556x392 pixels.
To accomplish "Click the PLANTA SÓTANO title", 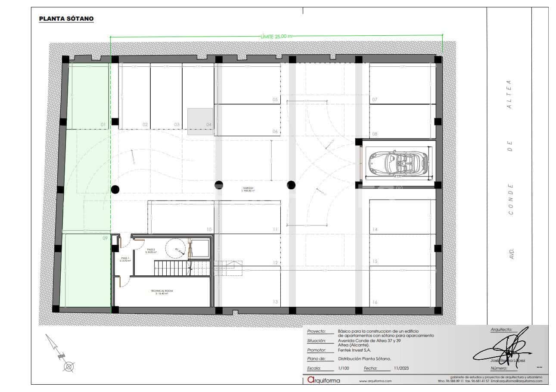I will pyautogui.click(x=66, y=19).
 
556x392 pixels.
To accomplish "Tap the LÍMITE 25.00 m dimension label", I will pyautogui.click(x=276, y=37).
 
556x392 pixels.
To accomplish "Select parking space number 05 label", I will pyautogui.click(x=275, y=99).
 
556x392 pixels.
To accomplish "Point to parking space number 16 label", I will pyautogui.click(x=375, y=302).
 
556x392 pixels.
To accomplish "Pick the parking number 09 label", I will pyautogui.click(x=105, y=238).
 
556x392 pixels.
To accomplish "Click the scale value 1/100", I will pyautogui.click(x=344, y=368).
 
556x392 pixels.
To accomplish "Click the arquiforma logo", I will pyautogui.click(x=323, y=380).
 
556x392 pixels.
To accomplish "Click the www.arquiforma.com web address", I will pyautogui.click(x=375, y=381).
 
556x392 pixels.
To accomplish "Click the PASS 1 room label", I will pyautogui.click(x=125, y=259).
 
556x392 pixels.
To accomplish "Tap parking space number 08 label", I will pyautogui.click(x=374, y=134).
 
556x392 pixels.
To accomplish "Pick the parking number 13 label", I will pyautogui.click(x=275, y=302).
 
